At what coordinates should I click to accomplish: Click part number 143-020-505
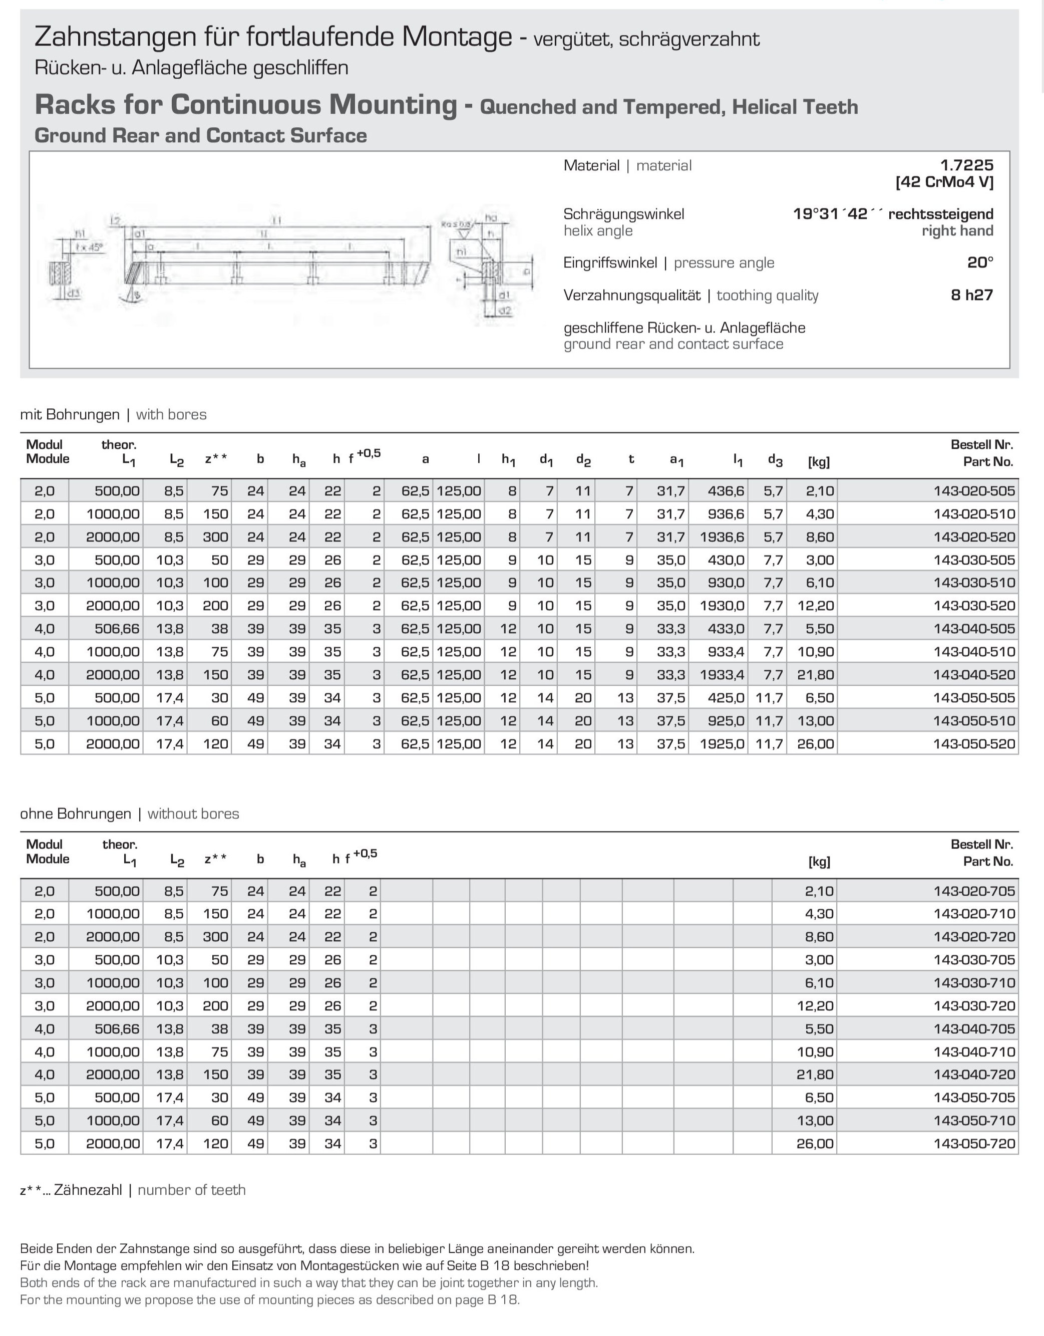(974, 490)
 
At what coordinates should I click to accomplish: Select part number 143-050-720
(974, 1143)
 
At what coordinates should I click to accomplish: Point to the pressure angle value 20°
(980, 262)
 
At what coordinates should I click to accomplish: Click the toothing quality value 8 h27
(971, 295)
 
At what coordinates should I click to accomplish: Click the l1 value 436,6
(726, 490)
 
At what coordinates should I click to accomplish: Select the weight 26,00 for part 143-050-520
(815, 744)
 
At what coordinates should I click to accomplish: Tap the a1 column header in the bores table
(676, 460)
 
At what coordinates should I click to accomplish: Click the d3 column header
(775, 460)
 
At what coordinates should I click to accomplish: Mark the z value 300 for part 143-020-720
(215, 937)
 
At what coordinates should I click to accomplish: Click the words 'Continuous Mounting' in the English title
(313, 105)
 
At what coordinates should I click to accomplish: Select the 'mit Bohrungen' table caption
(70, 415)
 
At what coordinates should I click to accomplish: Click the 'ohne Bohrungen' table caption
(75, 814)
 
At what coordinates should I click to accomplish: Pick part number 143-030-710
(974, 982)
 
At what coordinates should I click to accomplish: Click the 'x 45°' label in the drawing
(90, 247)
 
